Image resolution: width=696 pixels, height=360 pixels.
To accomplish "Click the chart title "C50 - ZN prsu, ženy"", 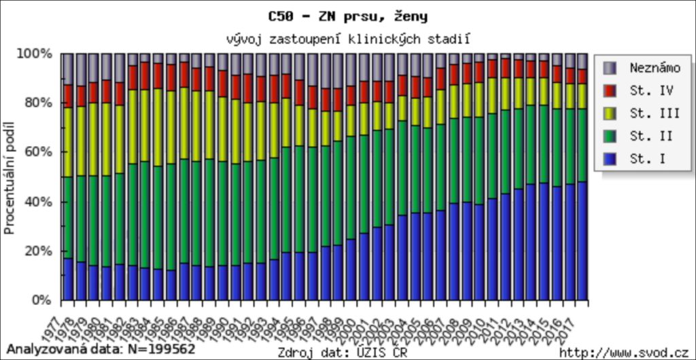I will (348, 15).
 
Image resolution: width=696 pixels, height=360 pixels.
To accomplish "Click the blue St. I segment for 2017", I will (582, 241).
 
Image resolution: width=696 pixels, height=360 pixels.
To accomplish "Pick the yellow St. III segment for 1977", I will (68, 142).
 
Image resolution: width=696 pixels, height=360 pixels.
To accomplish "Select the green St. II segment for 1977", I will (68, 217).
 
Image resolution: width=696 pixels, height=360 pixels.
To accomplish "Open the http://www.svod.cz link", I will (624, 352).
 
